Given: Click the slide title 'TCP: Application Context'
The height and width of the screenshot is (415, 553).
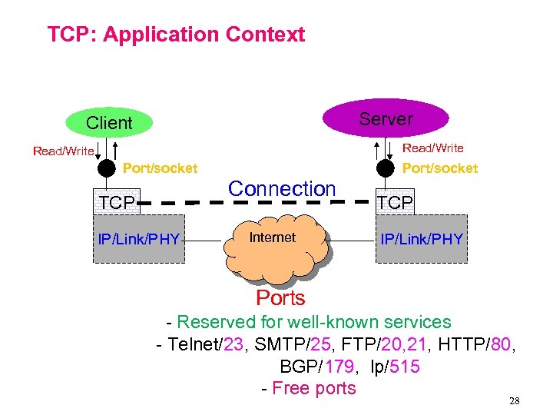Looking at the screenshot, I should (x=176, y=35).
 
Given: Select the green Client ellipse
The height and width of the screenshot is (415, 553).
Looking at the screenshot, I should (x=109, y=123).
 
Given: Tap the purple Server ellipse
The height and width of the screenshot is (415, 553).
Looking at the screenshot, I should (x=385, y=118).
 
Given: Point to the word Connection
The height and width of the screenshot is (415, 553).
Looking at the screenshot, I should (x=282, y=188).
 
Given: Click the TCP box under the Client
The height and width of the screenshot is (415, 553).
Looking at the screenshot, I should (x=116, y=203).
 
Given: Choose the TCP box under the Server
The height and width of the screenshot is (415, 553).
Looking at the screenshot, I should (x=396, y=203).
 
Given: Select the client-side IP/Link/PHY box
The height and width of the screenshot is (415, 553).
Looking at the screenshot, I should (x=138, y=239).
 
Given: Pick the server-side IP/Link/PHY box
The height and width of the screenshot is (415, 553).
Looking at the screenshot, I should (x=422, y=239).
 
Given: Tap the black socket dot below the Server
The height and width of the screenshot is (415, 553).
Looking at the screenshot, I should (x=386, y=168).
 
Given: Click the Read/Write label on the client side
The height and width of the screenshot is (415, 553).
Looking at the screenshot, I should (x=63, y=151).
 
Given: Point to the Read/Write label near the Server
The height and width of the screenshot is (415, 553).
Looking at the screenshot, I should (x=433, y=148).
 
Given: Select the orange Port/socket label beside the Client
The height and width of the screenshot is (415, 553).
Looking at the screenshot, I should (x=161, y=168).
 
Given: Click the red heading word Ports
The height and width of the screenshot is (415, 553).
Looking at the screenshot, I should (x=280, y=298).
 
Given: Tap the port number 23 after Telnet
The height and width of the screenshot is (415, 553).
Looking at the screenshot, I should (x=232, y=344).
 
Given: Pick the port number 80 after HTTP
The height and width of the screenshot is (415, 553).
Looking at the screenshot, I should (x=499, y=344).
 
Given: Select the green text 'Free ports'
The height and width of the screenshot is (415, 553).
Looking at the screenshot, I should (x=314, y=388).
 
